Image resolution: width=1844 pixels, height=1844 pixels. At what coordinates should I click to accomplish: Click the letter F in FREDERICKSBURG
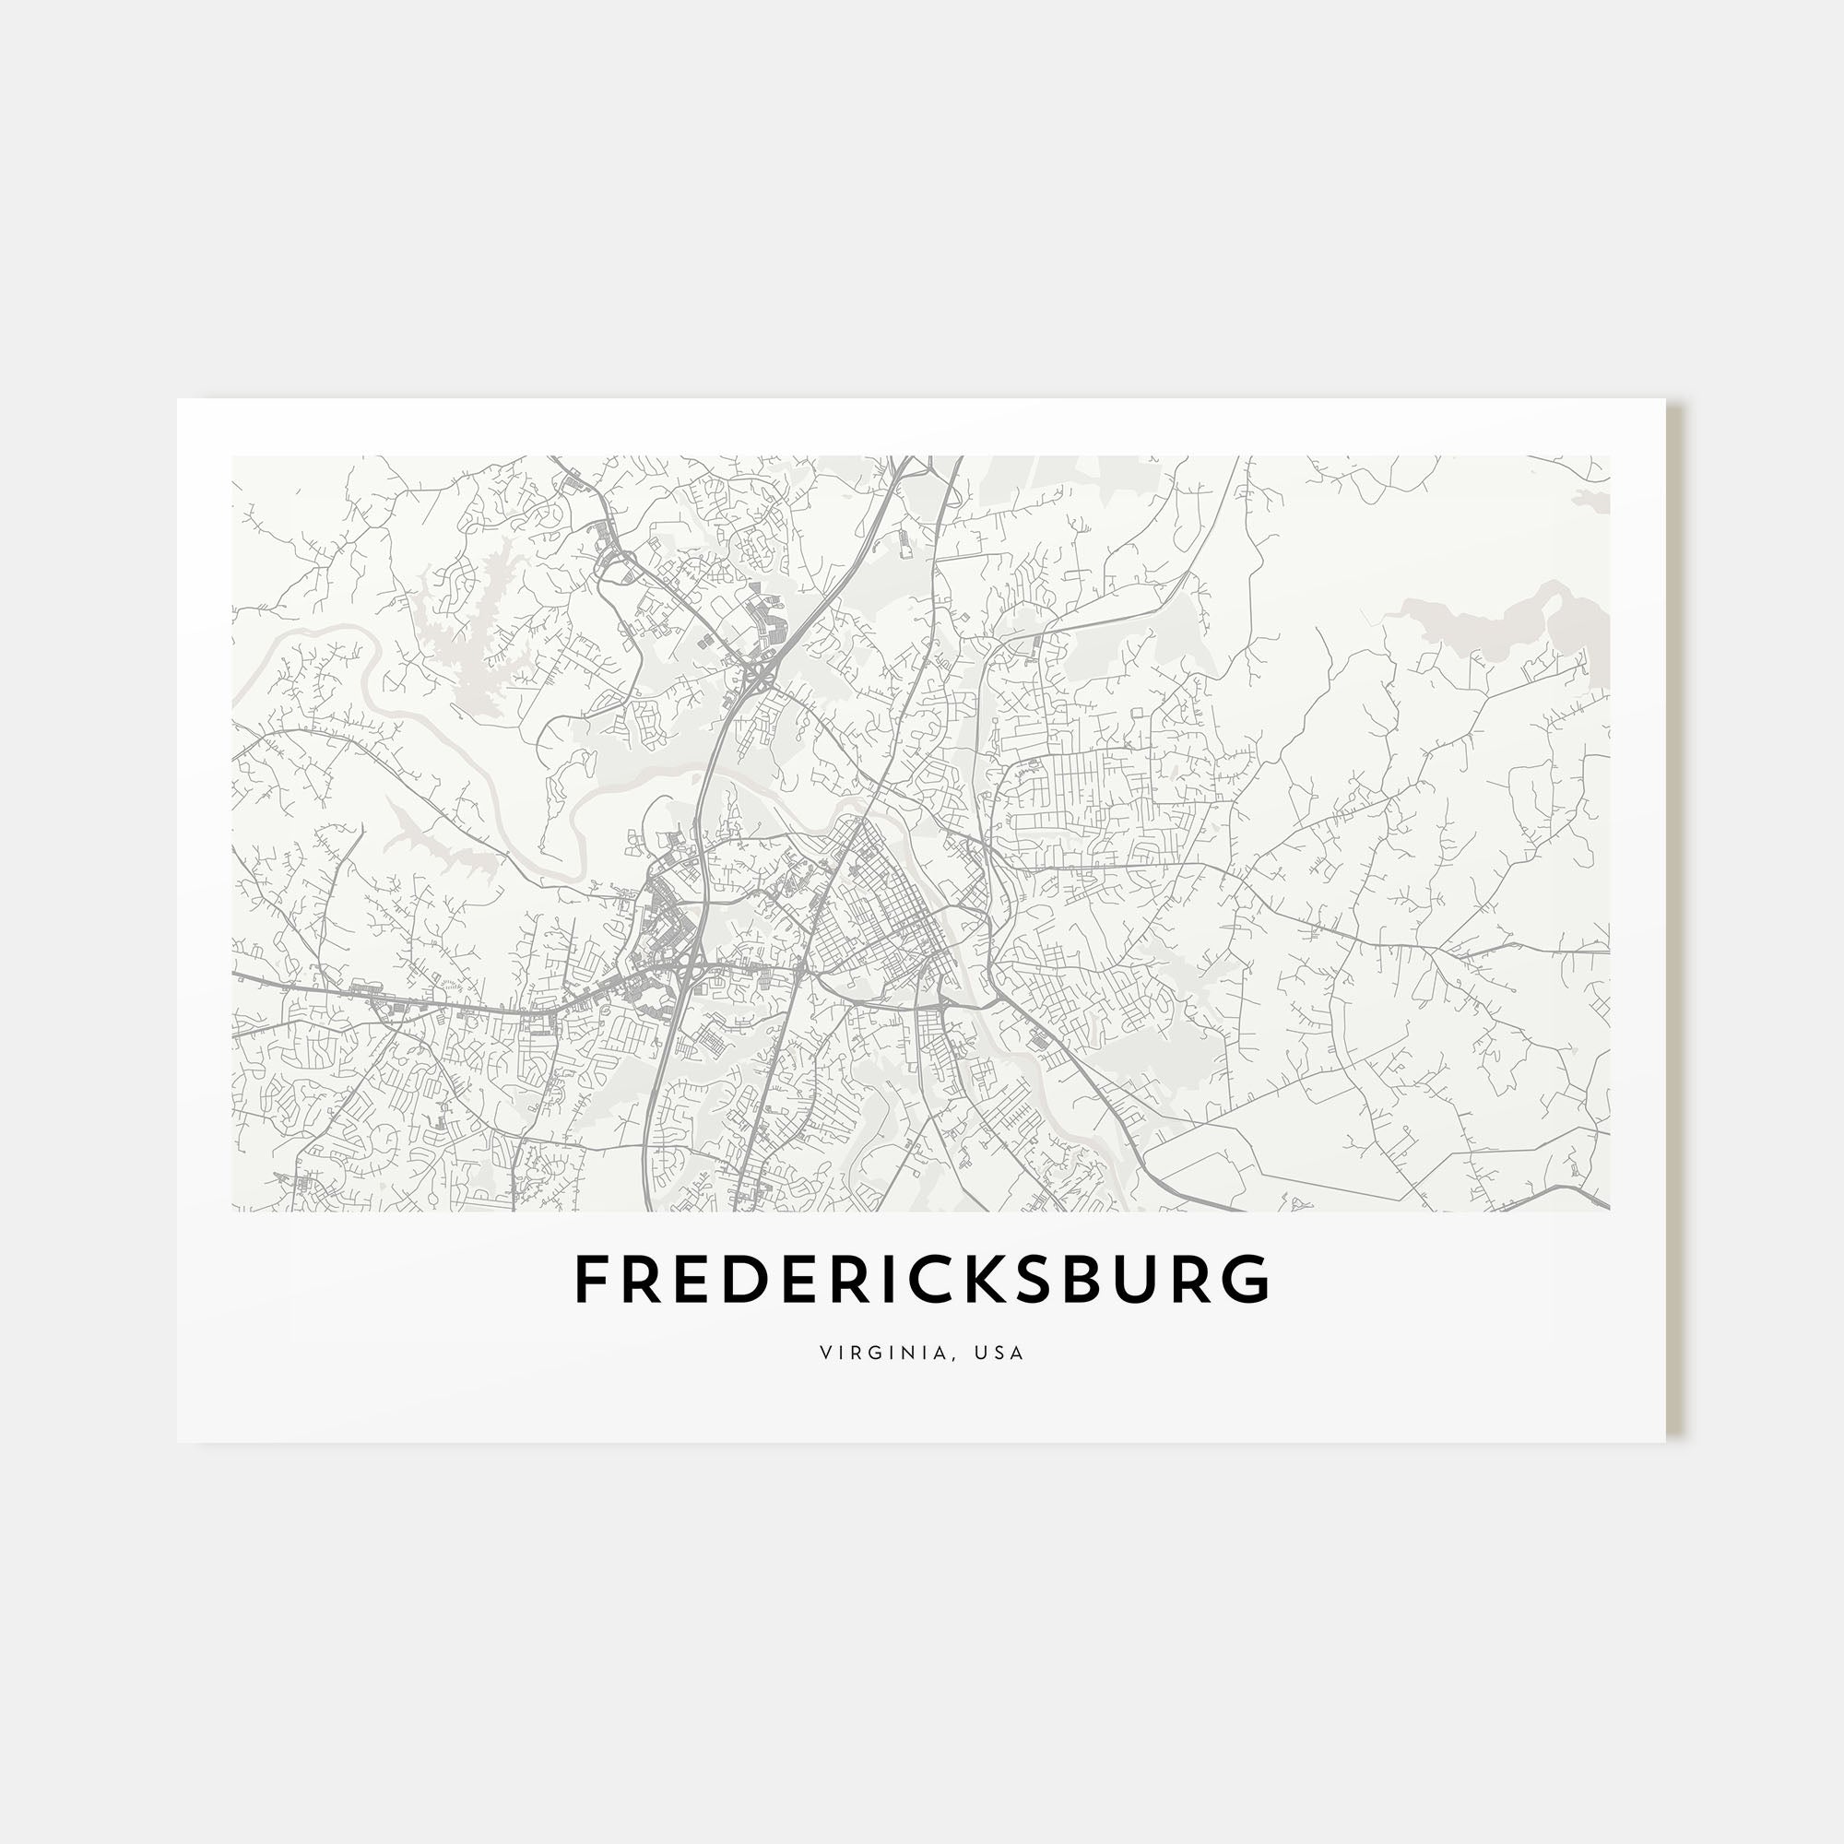(591, 1280)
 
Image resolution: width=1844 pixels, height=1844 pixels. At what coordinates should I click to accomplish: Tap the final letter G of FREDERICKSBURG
(1249, 1280)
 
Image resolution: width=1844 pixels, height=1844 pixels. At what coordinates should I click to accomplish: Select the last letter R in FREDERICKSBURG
(1196, 1280)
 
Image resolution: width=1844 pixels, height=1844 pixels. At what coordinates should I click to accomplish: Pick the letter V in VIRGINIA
(824, 1353)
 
